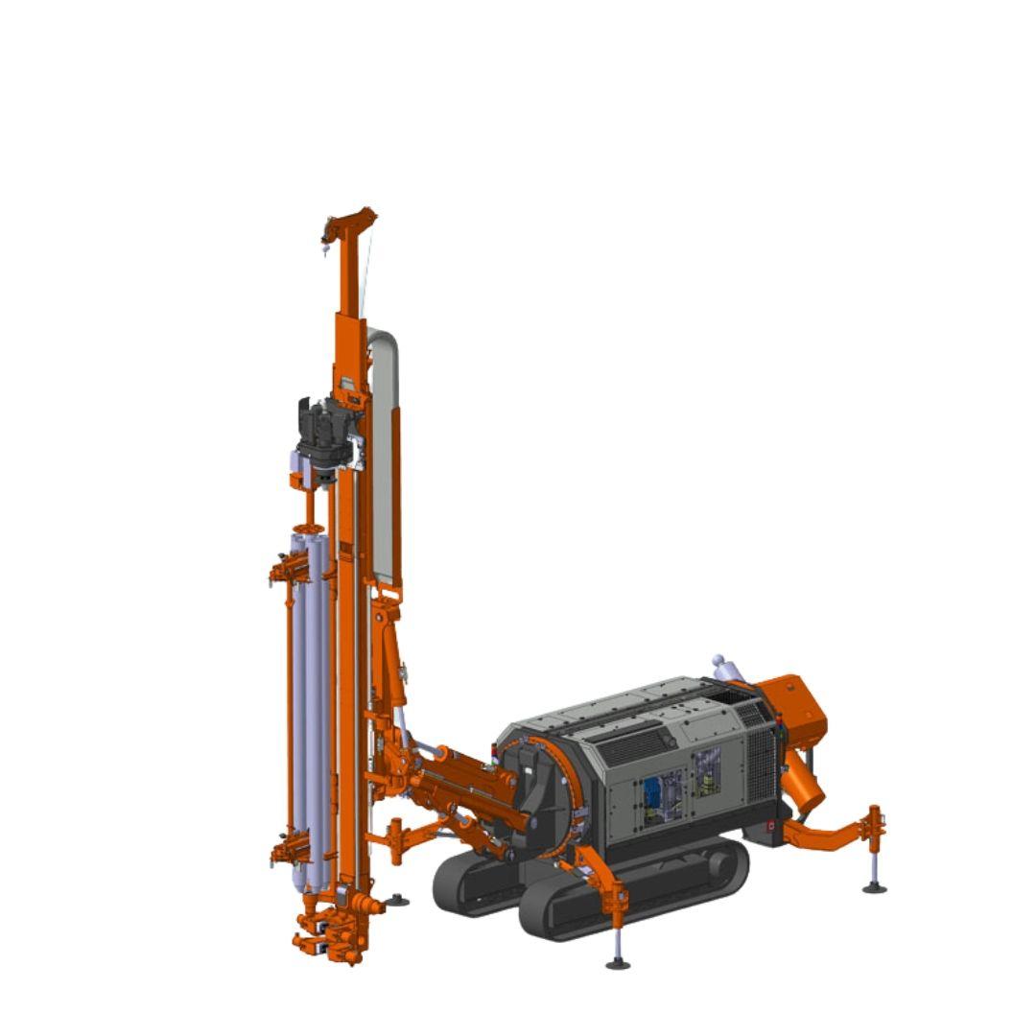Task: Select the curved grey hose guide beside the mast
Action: coord(384,451)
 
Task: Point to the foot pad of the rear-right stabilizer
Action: coord(874,887)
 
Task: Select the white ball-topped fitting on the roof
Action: coord(718,662)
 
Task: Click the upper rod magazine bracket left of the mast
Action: coord(290,573)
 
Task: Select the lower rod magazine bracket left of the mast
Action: coord(290,849)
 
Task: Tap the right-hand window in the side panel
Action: coord(707,773)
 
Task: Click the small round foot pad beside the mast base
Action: coord(397,900)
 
